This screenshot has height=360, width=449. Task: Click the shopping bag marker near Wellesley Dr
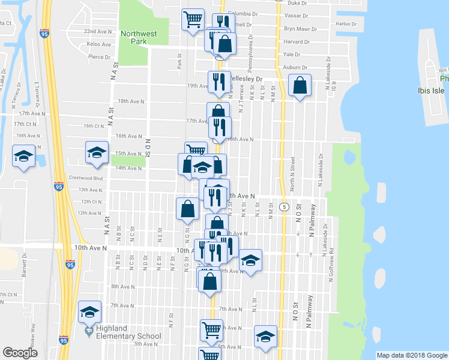300,85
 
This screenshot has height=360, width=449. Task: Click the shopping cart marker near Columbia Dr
193,20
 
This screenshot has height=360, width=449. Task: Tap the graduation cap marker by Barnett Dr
23,158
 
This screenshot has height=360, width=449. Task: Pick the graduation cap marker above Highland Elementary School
89,312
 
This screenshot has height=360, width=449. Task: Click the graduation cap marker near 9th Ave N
250,260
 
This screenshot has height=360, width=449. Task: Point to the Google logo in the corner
20,353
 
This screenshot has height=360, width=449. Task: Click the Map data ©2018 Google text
411,355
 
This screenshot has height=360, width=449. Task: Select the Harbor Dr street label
346,24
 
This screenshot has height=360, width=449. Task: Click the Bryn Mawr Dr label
297,28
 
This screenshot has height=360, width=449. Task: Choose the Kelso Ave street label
98,44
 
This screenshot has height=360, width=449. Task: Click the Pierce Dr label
98,56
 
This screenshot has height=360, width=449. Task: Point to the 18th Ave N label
131,101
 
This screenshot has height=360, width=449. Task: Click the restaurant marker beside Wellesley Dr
218,81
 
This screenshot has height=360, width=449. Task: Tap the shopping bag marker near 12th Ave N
187,209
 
